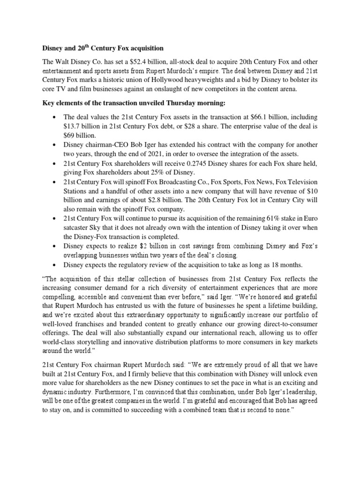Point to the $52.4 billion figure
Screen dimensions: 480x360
point(137,61)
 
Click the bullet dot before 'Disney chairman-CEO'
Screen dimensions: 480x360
point(55,145)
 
